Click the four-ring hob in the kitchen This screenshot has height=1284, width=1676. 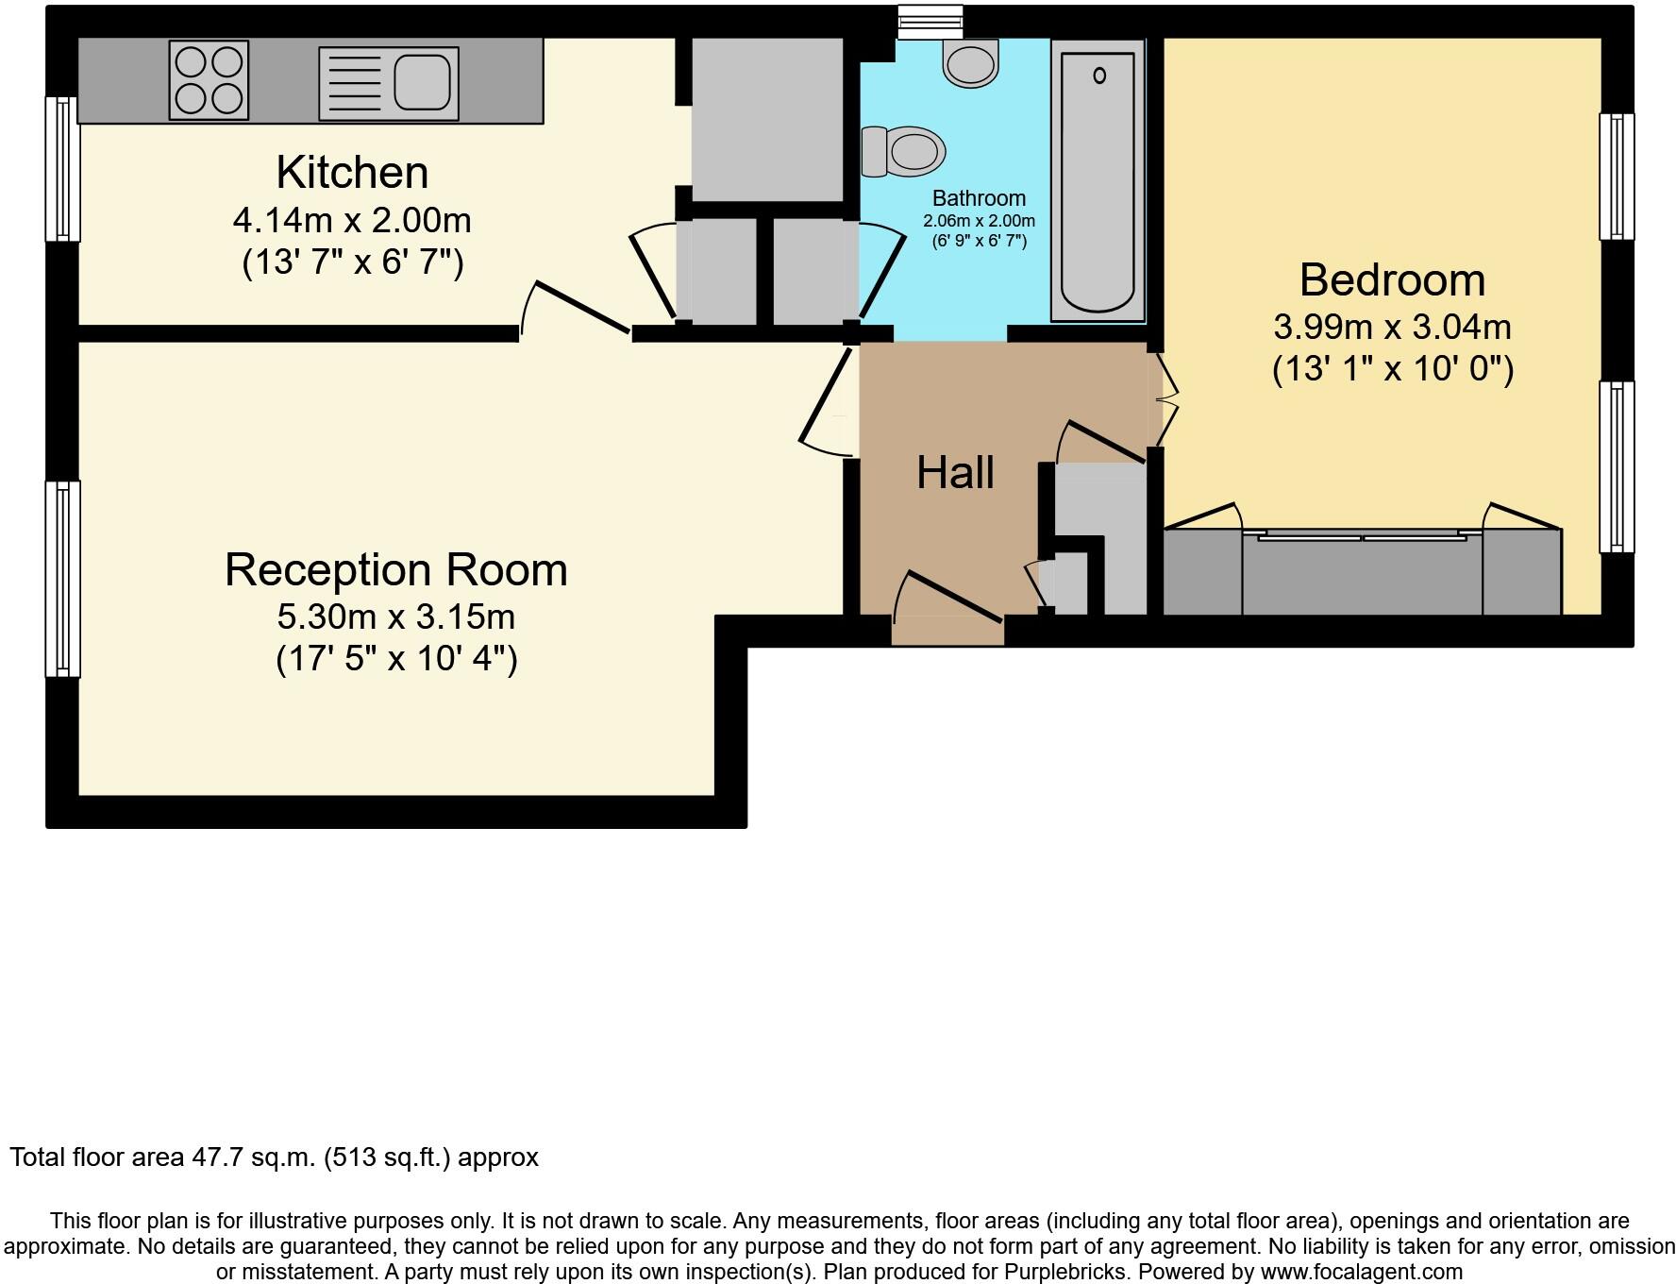tap(209, 80)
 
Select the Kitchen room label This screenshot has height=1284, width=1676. tap(352, 173)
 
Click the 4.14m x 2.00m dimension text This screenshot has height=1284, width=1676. tap(352, 221)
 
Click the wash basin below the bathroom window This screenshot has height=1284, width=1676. tap(970, 64)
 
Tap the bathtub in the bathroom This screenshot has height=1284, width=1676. tap(1098, 179)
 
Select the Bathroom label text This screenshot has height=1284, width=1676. tap(979, 198)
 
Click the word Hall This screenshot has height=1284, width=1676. tap(955, 472)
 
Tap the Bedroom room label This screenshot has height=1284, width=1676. tap(1392, 280)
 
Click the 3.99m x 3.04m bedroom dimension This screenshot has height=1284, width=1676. tap(1392, 328)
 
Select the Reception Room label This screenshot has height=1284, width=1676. tap(396, 570)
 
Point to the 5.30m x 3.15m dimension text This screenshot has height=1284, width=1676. tap(396, 617)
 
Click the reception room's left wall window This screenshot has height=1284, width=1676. tap(62, 579)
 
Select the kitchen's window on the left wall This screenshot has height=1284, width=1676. tap(62, 169)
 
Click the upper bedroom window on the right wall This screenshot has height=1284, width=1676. tap(1616, 177)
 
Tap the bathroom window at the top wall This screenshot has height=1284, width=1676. tap(930, 20)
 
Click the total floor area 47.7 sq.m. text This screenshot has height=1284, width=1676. tap(274, 1157)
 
